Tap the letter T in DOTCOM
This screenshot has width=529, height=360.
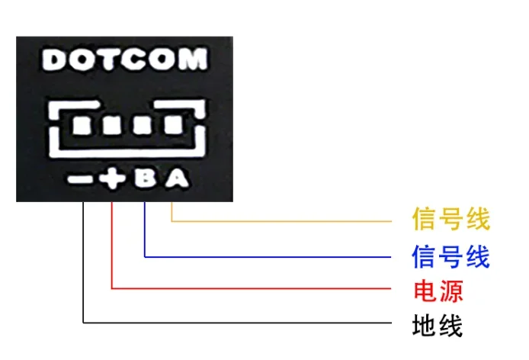104,59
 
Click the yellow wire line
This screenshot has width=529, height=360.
290,221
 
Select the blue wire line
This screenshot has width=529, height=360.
274,256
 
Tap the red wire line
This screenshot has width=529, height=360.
259,288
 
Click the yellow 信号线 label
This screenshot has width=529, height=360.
450,220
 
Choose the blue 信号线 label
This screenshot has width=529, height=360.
450,256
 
